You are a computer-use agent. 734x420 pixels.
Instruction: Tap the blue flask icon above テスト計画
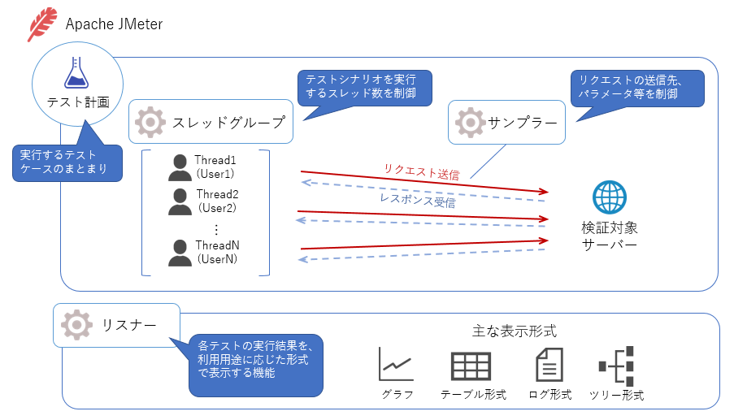coord(76,72)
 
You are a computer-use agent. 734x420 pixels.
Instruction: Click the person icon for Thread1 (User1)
coord(180,167)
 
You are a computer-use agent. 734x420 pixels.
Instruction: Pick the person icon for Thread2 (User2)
coord(180,201)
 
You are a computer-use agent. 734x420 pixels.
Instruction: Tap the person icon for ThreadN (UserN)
coord(180,252)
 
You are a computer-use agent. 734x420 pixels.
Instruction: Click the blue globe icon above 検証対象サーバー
coord(609,197)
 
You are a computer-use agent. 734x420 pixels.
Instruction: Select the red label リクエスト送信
coord(421,171)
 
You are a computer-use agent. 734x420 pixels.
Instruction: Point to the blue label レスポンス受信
coord(417,201)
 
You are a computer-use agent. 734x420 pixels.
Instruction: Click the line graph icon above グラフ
coord(397,364)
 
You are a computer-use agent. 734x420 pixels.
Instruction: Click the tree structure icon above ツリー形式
coord(615,365)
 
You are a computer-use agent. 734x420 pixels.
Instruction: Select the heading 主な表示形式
coord(514,331)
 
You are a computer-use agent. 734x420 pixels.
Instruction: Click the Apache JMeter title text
coord(114,24)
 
